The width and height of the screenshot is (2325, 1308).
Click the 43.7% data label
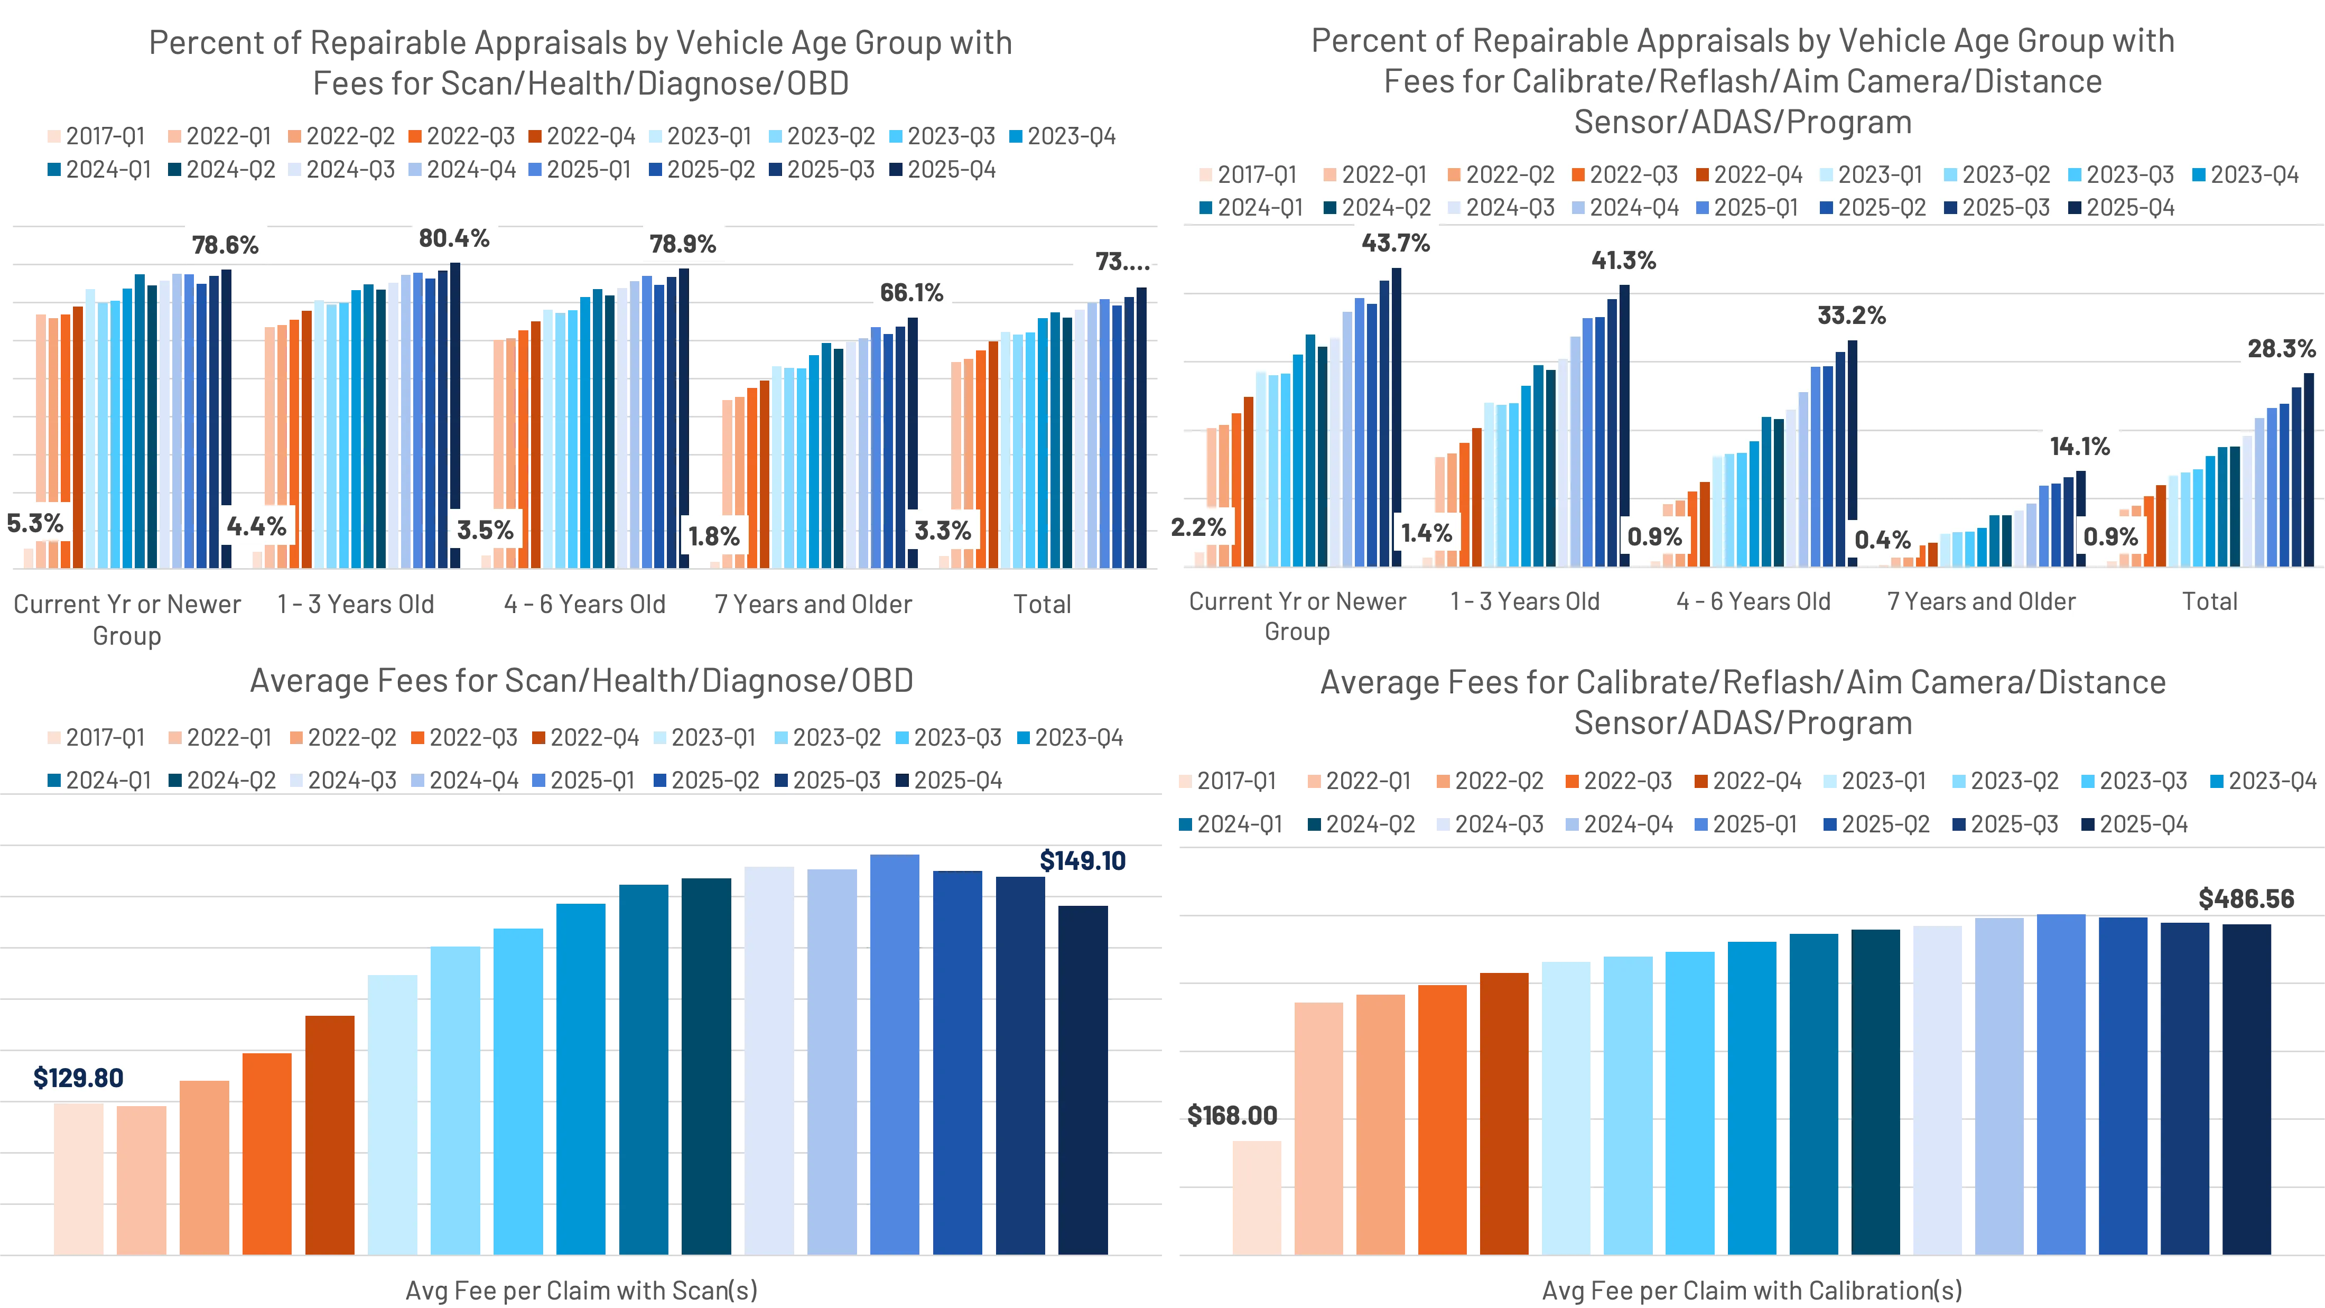click(x=1396, y=243)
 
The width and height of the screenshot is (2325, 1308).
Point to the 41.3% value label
click(x=1623, y=261)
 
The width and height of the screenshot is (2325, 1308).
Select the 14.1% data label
click(x=2079, y=446)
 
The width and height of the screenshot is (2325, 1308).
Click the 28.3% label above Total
click(x=2281, y=348)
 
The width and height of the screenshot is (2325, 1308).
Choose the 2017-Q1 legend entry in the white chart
click(x=1248, y=175)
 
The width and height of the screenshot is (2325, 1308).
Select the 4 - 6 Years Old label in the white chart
click(x=1753, y=601)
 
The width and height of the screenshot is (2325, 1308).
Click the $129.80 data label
click(x=79, y=1078)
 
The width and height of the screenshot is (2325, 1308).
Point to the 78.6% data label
click(x=225, y=245)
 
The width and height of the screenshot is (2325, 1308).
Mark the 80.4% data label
click(x=454, y=238)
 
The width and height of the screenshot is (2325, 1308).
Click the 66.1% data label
click(x=912, y=292)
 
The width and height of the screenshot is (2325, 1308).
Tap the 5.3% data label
click(x=35, y=524)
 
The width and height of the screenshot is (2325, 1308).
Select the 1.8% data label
click(x=714, y=537)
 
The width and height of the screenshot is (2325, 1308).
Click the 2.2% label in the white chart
click(x=1198, y=527)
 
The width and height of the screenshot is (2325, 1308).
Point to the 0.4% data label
click(x=1883, y=540)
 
